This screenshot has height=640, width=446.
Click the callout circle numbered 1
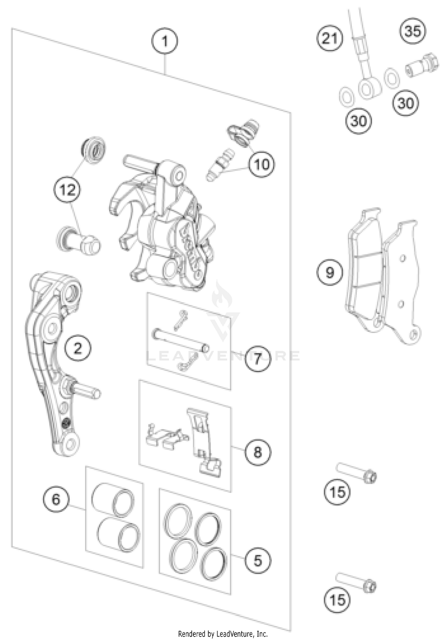click(x=165, y=41)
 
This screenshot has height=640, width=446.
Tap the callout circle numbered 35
click(x=413, y=31)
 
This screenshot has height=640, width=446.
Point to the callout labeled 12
click(x=67, y=189)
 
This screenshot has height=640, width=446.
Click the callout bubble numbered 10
click(x=262, y=164)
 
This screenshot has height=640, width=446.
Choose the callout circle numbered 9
click(x=330, y=272)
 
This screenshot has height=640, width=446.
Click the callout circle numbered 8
click(x=257, y=452)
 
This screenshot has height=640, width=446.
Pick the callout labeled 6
click(x=56, y=499)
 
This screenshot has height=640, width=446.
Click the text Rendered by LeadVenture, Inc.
click(x=223, y=634)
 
